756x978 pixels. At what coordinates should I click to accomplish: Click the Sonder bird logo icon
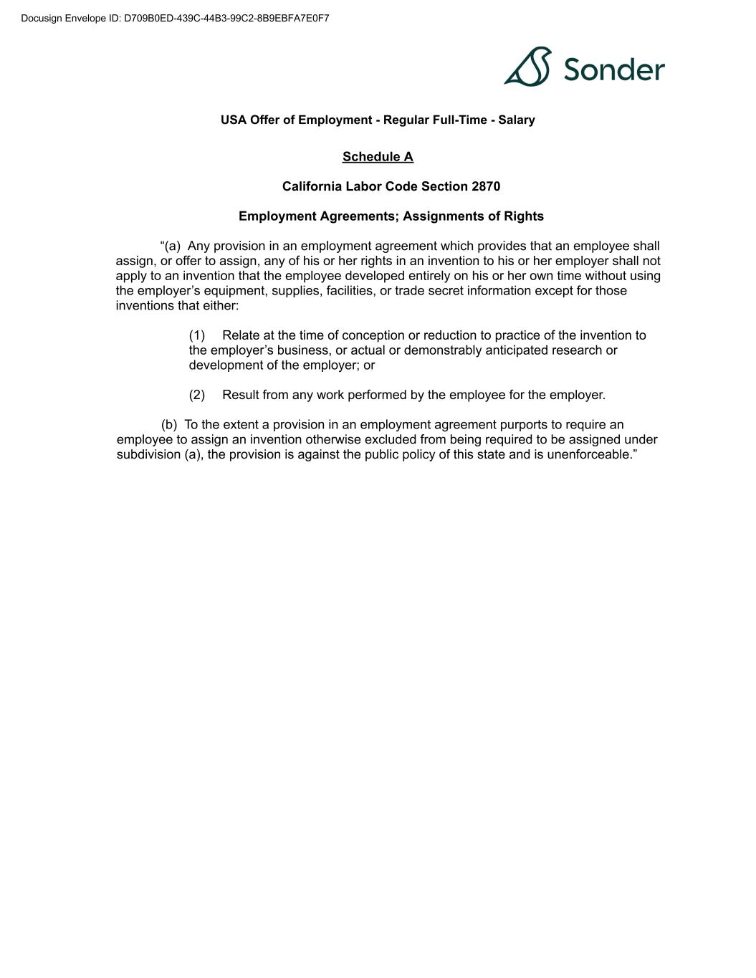coord(528,67)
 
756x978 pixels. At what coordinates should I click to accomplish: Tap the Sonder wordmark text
coord(614,69)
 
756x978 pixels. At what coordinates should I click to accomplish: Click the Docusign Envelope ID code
coord(226,19)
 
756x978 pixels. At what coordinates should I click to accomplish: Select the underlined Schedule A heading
coord(378,157)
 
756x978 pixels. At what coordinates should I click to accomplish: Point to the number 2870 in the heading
coord(486,187)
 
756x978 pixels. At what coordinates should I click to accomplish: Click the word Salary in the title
coord(517,120)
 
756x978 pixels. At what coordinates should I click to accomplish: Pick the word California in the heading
coord(312,187)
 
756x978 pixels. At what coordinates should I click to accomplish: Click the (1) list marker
coord(197,335)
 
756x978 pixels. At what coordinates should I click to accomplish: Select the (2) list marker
coord(197,395)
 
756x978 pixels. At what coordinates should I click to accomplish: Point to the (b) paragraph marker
coord(169,425)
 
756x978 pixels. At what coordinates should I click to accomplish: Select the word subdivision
coord(147,455)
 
